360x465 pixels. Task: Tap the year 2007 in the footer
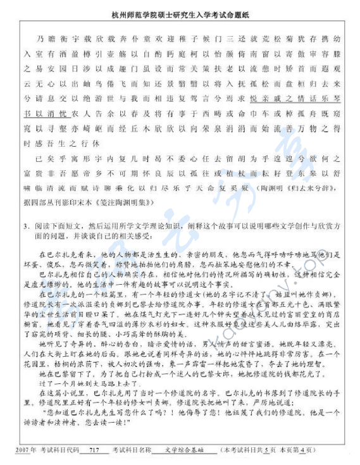(20, 450)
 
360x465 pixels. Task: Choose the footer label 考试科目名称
(132, 450)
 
